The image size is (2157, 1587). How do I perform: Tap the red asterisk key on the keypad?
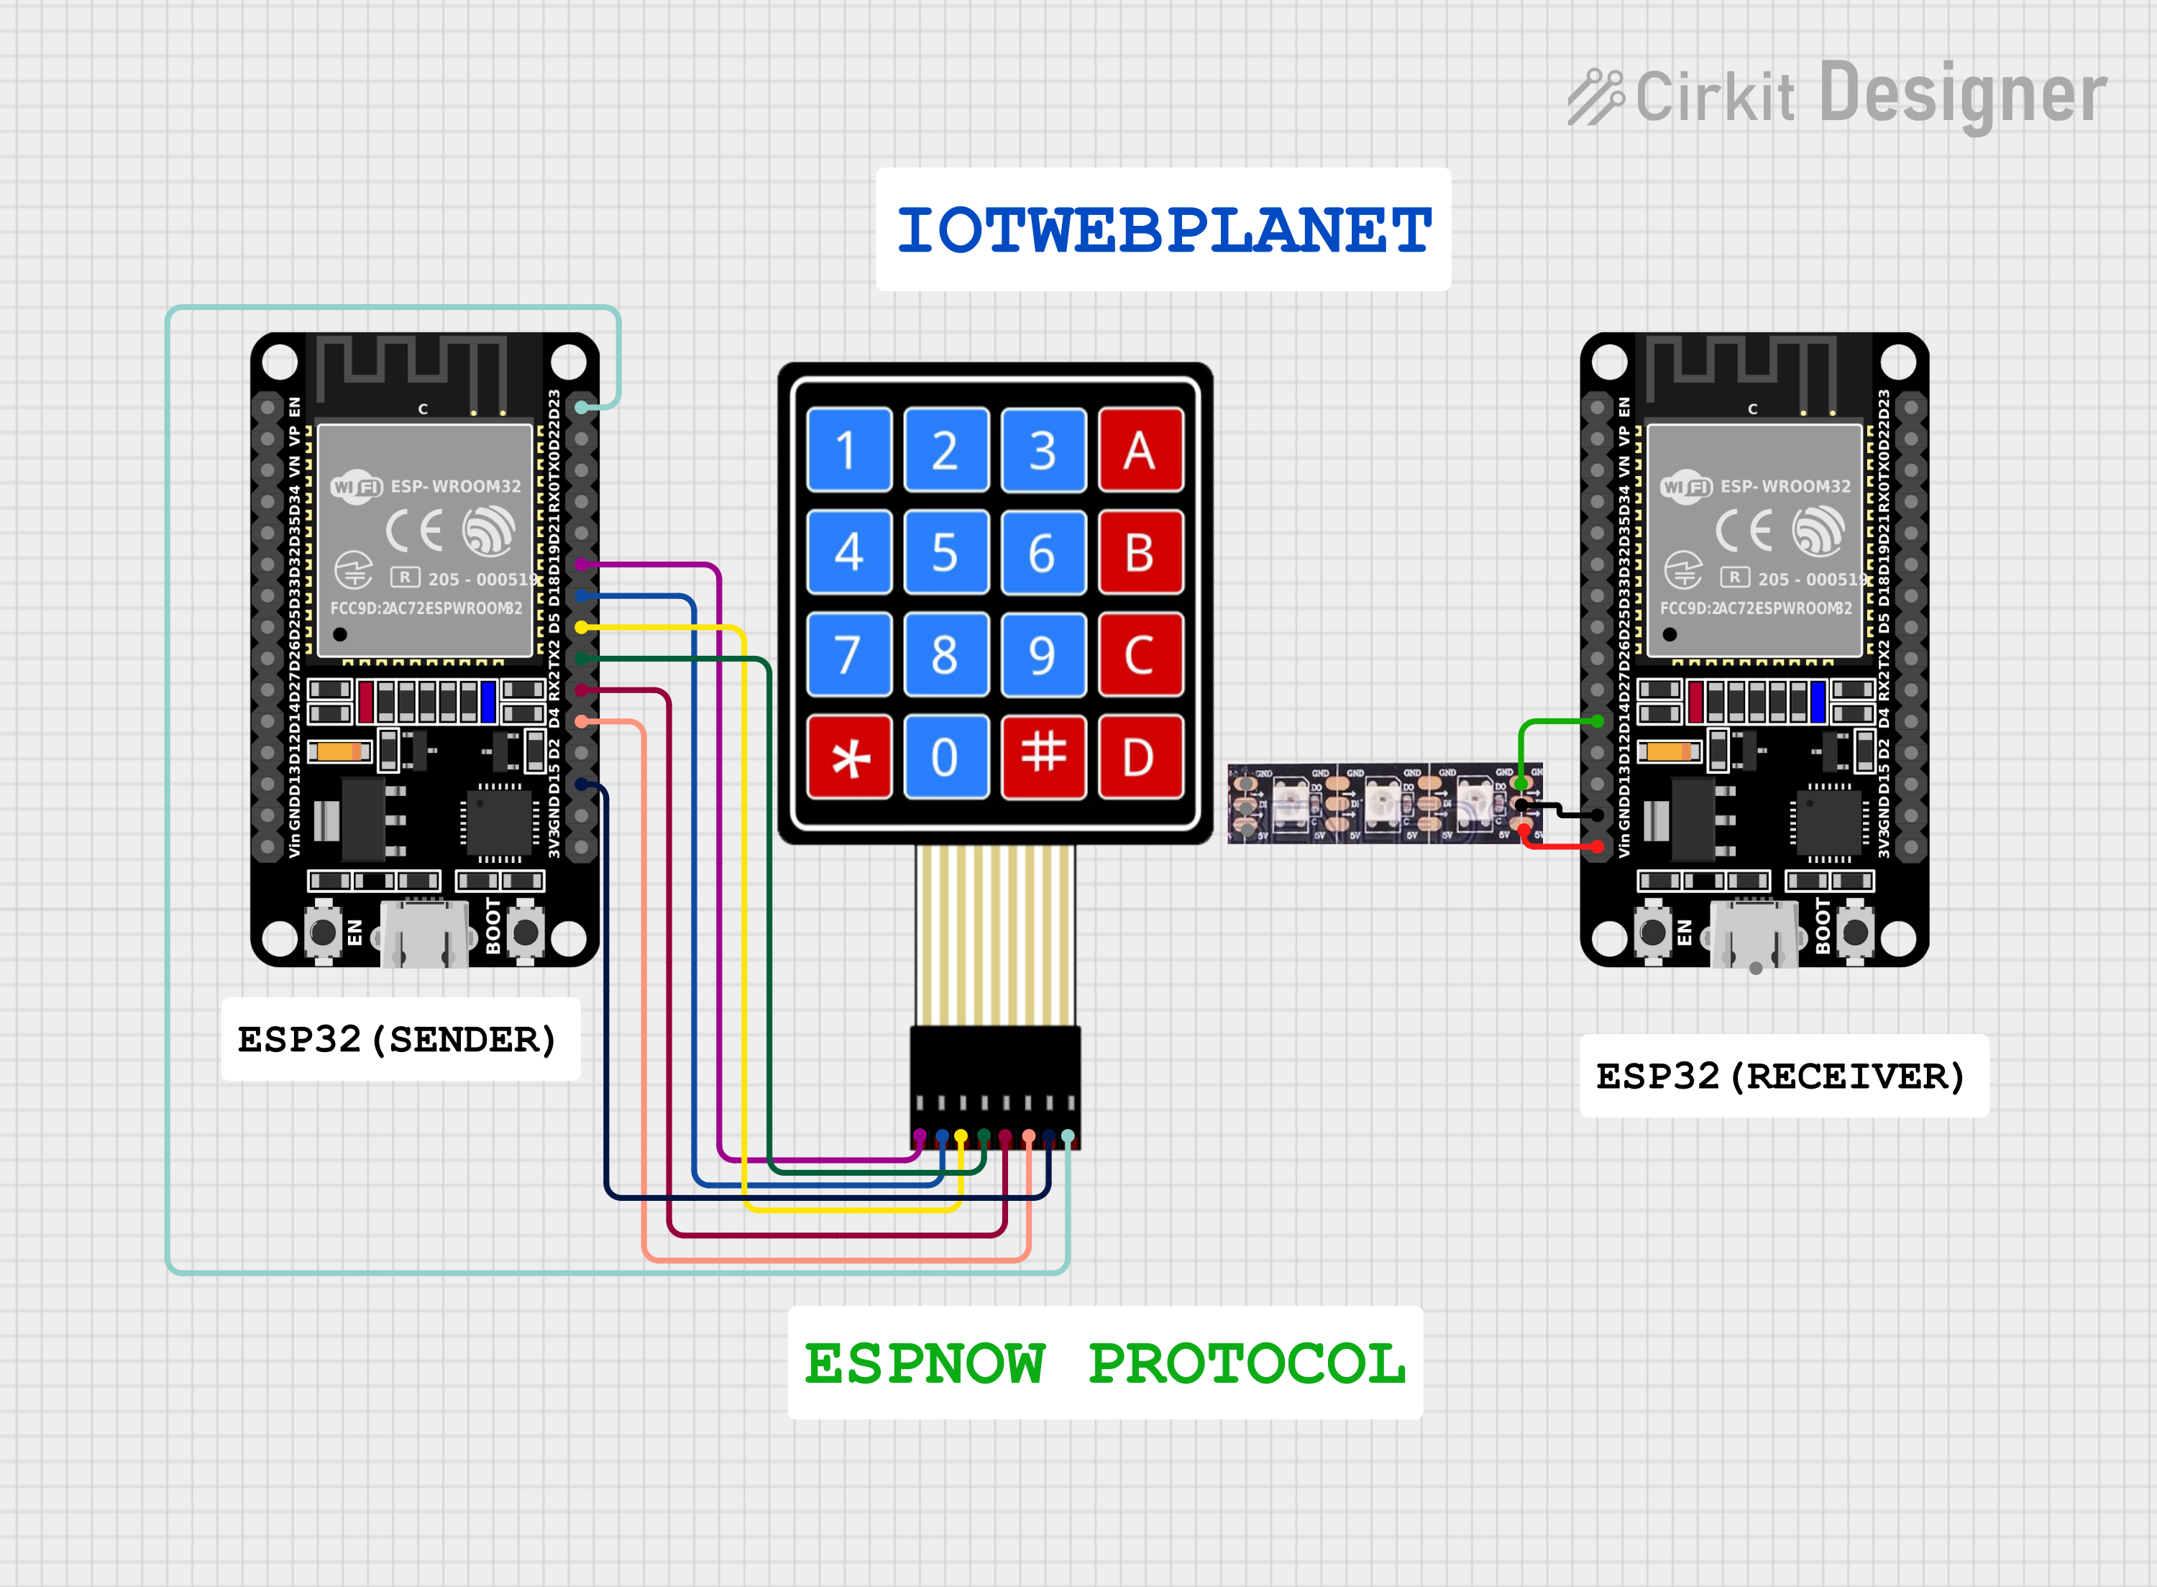pyautogui.click(x=849, y=757)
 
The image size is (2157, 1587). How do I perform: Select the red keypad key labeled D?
pyautogui.click(x=1140, y=757)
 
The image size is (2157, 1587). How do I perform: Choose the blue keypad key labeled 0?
pyautogui.click(x=946, y=757)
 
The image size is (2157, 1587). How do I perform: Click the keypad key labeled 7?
pyautogui.click(x=849, y=655)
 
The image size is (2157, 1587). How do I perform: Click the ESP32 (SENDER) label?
pyautogui.click(x=398, y=1040)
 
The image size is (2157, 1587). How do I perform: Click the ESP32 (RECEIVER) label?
pyautogui.click(x=1782, y=1076)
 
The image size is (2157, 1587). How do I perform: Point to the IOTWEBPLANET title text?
pyautogui.click(x=1163, y=231)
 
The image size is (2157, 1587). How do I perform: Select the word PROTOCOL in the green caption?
pyautogui.click(x=1247, y=1364)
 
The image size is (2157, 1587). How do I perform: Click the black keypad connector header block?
pyautogui.click(x=995, y=1086)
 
